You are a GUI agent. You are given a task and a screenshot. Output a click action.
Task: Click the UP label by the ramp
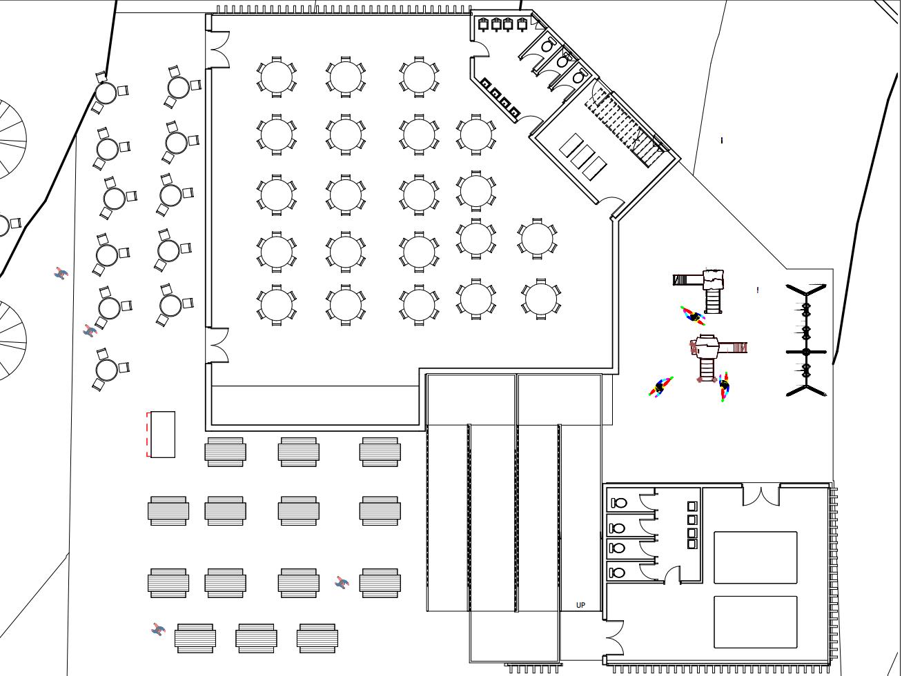point(580,605)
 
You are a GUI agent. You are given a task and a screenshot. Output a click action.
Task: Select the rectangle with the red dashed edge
point(161,435)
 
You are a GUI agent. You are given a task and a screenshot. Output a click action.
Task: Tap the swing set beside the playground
point(806,340)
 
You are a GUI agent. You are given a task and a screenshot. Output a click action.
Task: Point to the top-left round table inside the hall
point(276,77)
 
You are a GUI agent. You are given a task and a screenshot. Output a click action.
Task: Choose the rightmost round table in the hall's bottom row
point(541,299)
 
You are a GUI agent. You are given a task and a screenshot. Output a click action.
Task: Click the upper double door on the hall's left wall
point(218,49)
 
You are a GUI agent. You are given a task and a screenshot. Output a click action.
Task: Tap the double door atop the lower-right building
point(761,495)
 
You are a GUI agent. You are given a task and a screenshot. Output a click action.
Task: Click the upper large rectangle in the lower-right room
point(755,557)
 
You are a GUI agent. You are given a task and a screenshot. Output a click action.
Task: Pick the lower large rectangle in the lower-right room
point(755,622)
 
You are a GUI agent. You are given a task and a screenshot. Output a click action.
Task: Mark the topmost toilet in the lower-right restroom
point(619,503)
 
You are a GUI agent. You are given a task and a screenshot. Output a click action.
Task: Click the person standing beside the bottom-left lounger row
point(158,629)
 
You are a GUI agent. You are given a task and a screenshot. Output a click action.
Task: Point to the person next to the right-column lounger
point(342,584)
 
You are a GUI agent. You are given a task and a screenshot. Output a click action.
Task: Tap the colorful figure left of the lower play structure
point(660,387)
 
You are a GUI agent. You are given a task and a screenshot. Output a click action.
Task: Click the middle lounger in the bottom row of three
point(256,638)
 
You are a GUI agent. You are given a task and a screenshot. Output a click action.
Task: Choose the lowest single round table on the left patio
point(107,370)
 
